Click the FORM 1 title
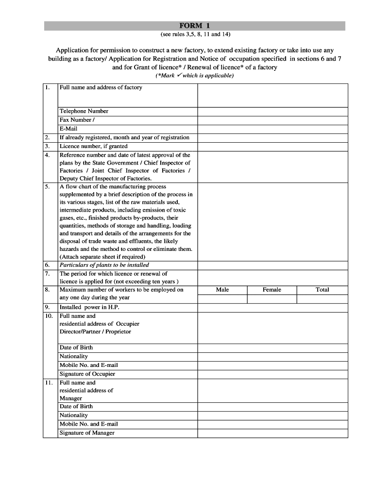[194, 26]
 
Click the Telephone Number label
[84, 111]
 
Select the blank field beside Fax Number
[272, 120]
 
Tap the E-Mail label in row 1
[68, 129]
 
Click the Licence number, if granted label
[93, 146]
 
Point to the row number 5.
[47, 187]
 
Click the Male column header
[222, 290]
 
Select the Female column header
[272, 290]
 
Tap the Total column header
[323, 290]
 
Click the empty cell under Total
[323, 299]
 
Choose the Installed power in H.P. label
[89, 307]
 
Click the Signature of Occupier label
[87, 374]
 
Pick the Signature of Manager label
[87, 432]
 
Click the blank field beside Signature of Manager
[272, 433]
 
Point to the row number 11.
[49, 383]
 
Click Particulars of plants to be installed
[104, 265]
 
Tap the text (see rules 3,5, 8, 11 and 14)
[194, 35]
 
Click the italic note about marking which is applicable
[194, 76]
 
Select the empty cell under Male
[222, 299]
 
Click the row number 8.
[47, 290]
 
